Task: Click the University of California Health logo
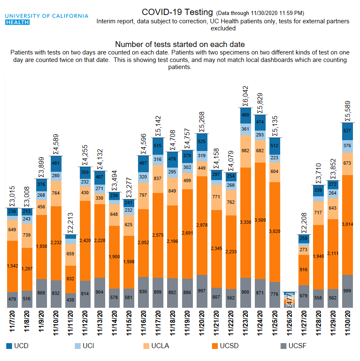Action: (47, 19)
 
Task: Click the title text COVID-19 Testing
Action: (177, 12)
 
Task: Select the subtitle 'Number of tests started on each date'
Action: (180, 45)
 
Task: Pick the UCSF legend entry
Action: (293, 346)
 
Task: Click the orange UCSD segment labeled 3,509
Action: (260, 220)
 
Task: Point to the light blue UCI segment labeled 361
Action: (245, 129)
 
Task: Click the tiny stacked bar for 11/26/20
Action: (290, 300)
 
